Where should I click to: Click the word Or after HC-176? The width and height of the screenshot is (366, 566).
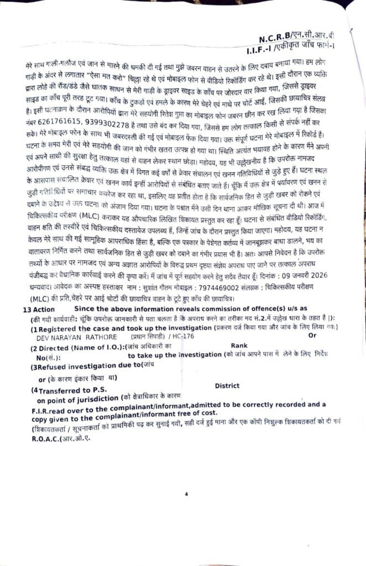(312, 336)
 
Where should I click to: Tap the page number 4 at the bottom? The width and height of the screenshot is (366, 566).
(187, 494)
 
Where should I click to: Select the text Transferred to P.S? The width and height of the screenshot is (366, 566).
(67, 390)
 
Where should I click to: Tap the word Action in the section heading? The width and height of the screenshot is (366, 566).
(44, 310)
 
